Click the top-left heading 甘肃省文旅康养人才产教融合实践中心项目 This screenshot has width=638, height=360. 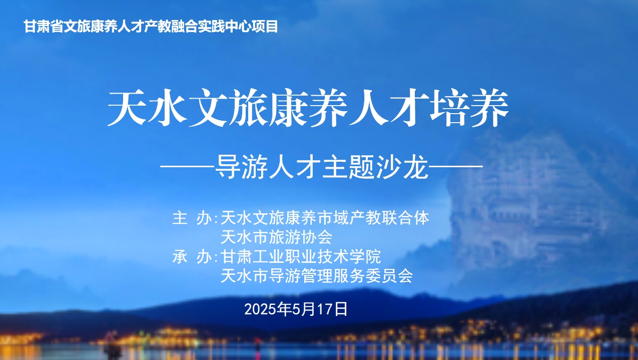[x=151, y=27]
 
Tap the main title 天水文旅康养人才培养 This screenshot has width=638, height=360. [x=308, y=108]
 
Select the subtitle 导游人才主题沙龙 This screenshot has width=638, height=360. [x=322, y=167]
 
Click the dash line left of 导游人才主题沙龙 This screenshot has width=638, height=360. [x=188, y=166]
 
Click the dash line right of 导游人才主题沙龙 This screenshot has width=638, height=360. [x=456, y=166]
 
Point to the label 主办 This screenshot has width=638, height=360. [x=193, y=218]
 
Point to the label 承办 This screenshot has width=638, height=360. [x=193, y=256]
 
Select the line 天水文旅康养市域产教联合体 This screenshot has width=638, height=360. [x=325, y=218]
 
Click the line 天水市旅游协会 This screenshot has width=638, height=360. [x=277, y=237]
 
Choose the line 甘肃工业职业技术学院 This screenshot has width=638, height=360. [x=301, y=256]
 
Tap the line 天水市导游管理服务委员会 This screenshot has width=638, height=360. [x=317, y=275]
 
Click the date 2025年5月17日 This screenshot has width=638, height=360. [x=296, y=309]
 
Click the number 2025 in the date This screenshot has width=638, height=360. [x=261, y=309]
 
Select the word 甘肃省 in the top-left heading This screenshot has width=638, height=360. [x=44, y=27]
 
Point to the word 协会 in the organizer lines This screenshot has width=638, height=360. [x=317, y=237]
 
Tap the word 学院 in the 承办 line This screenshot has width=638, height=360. [x=365, y=256]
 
